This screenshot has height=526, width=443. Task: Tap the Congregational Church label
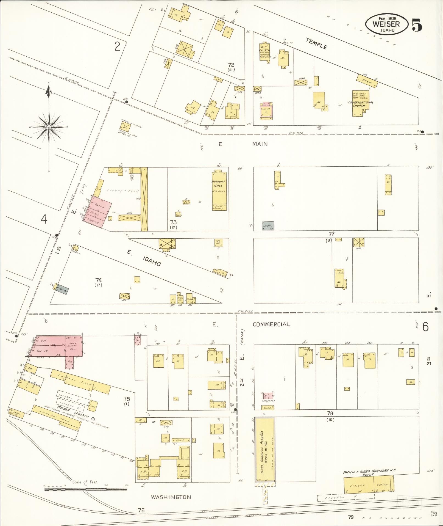361,104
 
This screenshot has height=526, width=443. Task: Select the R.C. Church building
265,52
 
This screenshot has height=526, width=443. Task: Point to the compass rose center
49,127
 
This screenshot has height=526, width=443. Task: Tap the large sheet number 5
417,25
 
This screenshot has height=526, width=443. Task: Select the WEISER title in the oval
386,24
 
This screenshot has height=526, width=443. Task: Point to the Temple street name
317,43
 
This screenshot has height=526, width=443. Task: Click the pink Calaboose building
267,396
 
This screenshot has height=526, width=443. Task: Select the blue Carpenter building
268,226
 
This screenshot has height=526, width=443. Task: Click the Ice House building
219,242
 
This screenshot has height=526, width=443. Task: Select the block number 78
330,413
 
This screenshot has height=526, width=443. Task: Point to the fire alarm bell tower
125,127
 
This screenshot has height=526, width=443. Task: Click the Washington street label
171,497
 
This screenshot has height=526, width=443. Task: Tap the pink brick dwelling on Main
266,110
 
